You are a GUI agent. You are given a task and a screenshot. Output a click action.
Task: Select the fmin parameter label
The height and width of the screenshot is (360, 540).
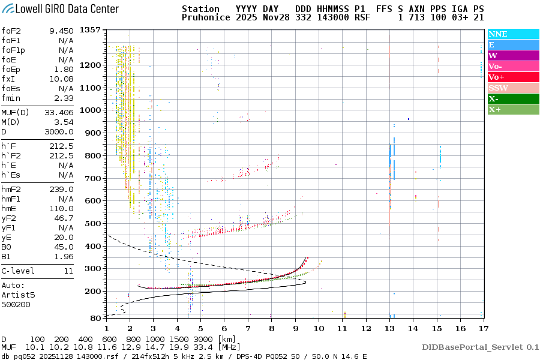(12, 98)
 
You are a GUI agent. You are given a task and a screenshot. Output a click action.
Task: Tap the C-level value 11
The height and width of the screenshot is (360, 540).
(67, 271)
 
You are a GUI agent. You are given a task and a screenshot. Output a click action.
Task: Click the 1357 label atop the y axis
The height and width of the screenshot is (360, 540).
(90, 30)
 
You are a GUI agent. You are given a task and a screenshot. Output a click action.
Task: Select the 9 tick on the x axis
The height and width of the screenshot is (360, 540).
(295, 328)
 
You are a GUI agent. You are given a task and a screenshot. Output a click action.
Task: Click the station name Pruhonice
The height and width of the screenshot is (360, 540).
(205, 18)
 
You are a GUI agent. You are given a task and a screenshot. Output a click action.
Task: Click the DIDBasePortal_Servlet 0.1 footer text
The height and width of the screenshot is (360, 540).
(480, 347)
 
